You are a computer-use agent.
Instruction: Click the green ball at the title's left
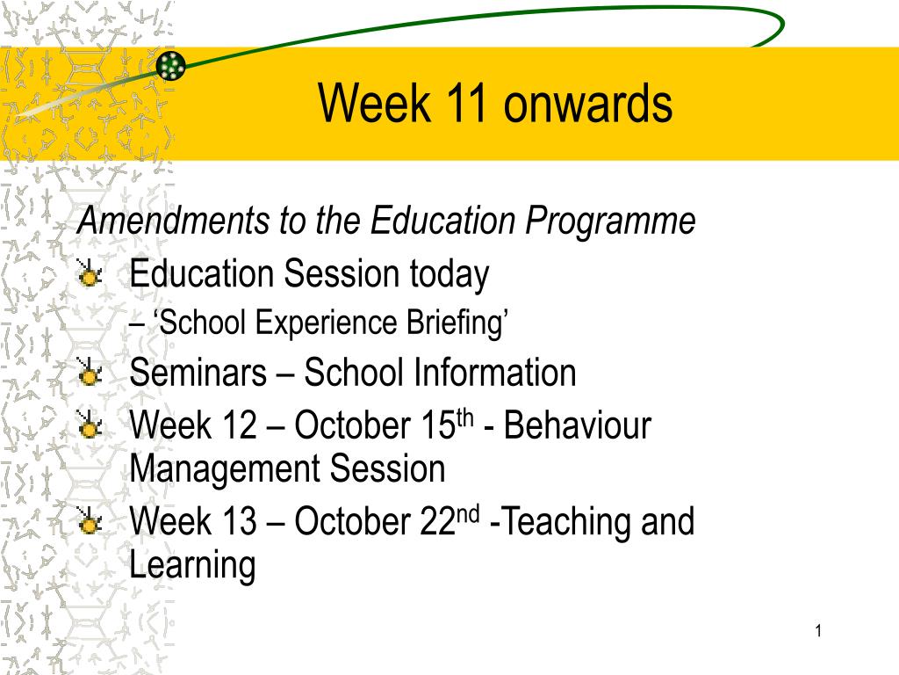click(171, 65)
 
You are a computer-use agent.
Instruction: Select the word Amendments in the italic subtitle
click(173, 220)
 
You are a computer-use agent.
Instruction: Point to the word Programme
click(610, 221)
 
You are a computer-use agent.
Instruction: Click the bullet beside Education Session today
click(89, 273)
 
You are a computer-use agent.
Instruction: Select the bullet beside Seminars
click(89, 373)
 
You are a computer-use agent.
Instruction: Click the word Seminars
click(198, 373)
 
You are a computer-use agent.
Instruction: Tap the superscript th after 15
click(465, 418)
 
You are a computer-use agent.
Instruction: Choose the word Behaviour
click(578, 425)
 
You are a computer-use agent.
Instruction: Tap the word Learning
click(192, 565)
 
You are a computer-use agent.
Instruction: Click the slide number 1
click(818, 631)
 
